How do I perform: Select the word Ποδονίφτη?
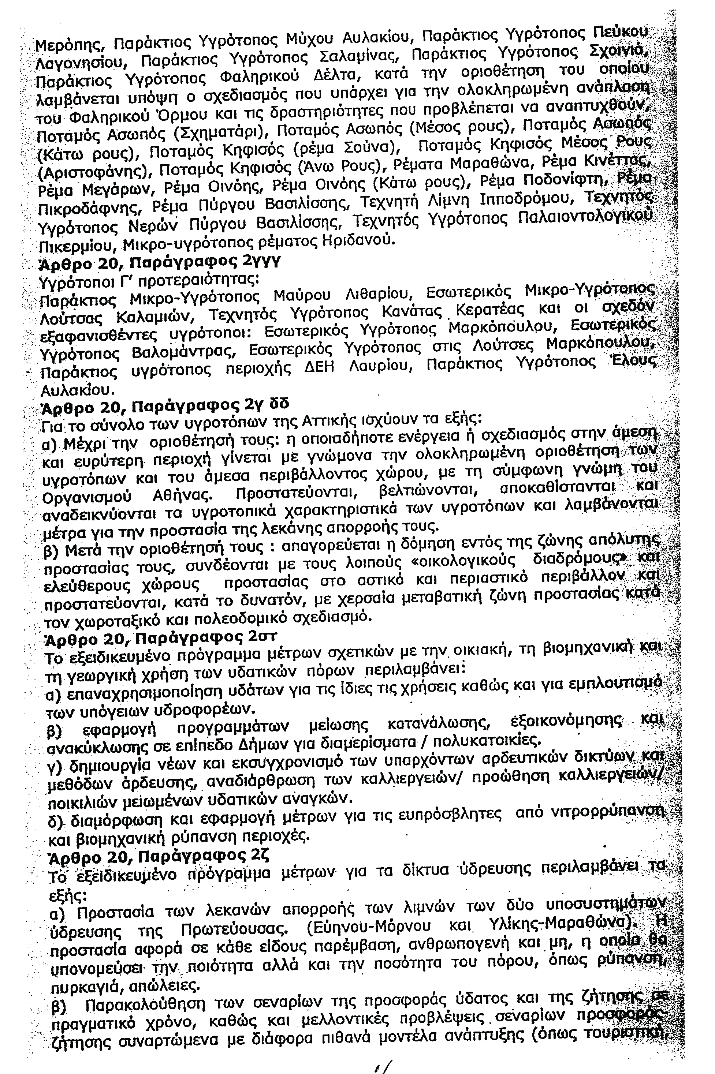tap(565, 182)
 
